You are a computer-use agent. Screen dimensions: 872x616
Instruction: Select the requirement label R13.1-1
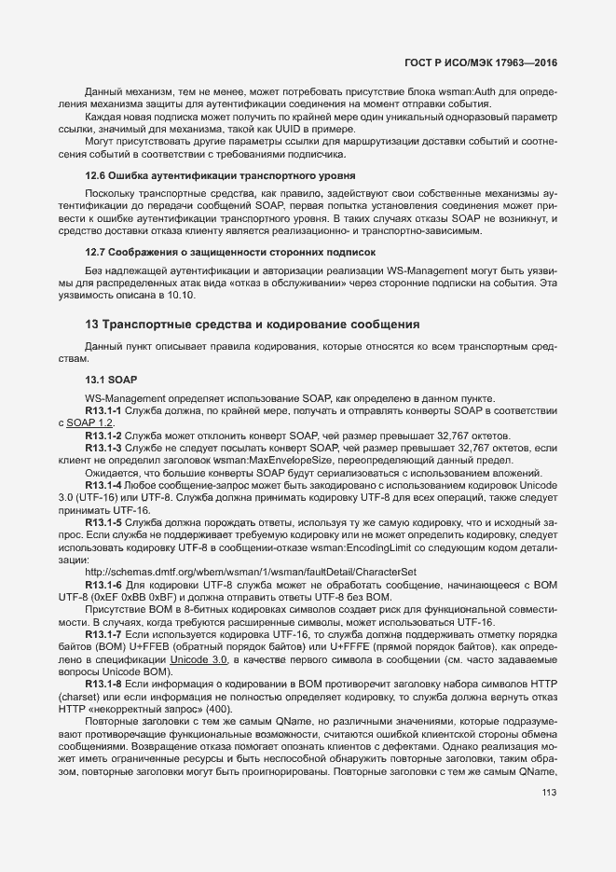pyautogui.click(x=103, y=410)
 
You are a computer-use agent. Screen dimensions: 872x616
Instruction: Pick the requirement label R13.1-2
pyautogui.click(x=103, y=436)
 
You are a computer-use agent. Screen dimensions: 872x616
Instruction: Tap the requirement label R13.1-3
pyautogui.click(x=103, y=449)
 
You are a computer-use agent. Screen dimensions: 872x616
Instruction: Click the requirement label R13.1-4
pyautogui.click(x=103, y=485)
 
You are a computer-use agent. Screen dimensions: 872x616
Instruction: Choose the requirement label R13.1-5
pyautogui.click(x=103, y=523)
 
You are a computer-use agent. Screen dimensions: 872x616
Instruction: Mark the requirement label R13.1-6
pyautogui.click(x=103, y=583)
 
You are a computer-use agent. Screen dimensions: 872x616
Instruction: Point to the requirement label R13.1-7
pyautogui.click(x=103, y=633)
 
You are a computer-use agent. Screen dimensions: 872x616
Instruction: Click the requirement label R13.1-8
pyautogui.click(x=103, y=684)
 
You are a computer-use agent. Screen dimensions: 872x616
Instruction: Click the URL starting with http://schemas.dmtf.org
pyautogui.click(x=250, y=571)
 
